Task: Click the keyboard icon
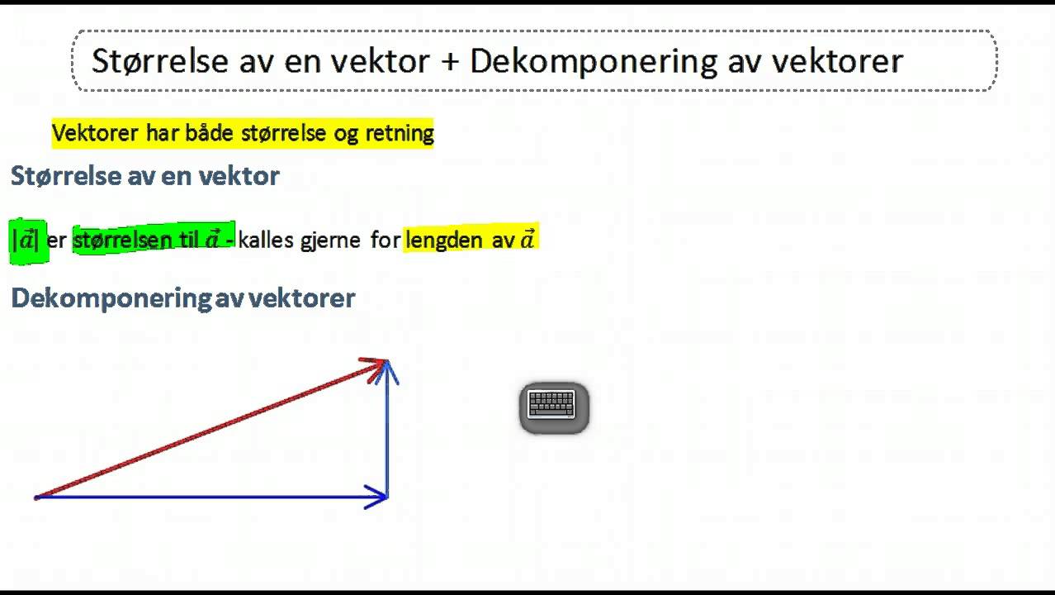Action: [x=553, y=407]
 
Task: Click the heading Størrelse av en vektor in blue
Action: [x=145, y=175]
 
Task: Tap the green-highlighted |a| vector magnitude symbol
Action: [x=26, y=240]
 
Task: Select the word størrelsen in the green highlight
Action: [x=123, y=240]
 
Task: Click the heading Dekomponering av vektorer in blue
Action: [x=183, y=298]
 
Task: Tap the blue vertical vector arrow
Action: [x=387, y=430]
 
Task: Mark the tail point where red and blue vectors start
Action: [x=36, y=497]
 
